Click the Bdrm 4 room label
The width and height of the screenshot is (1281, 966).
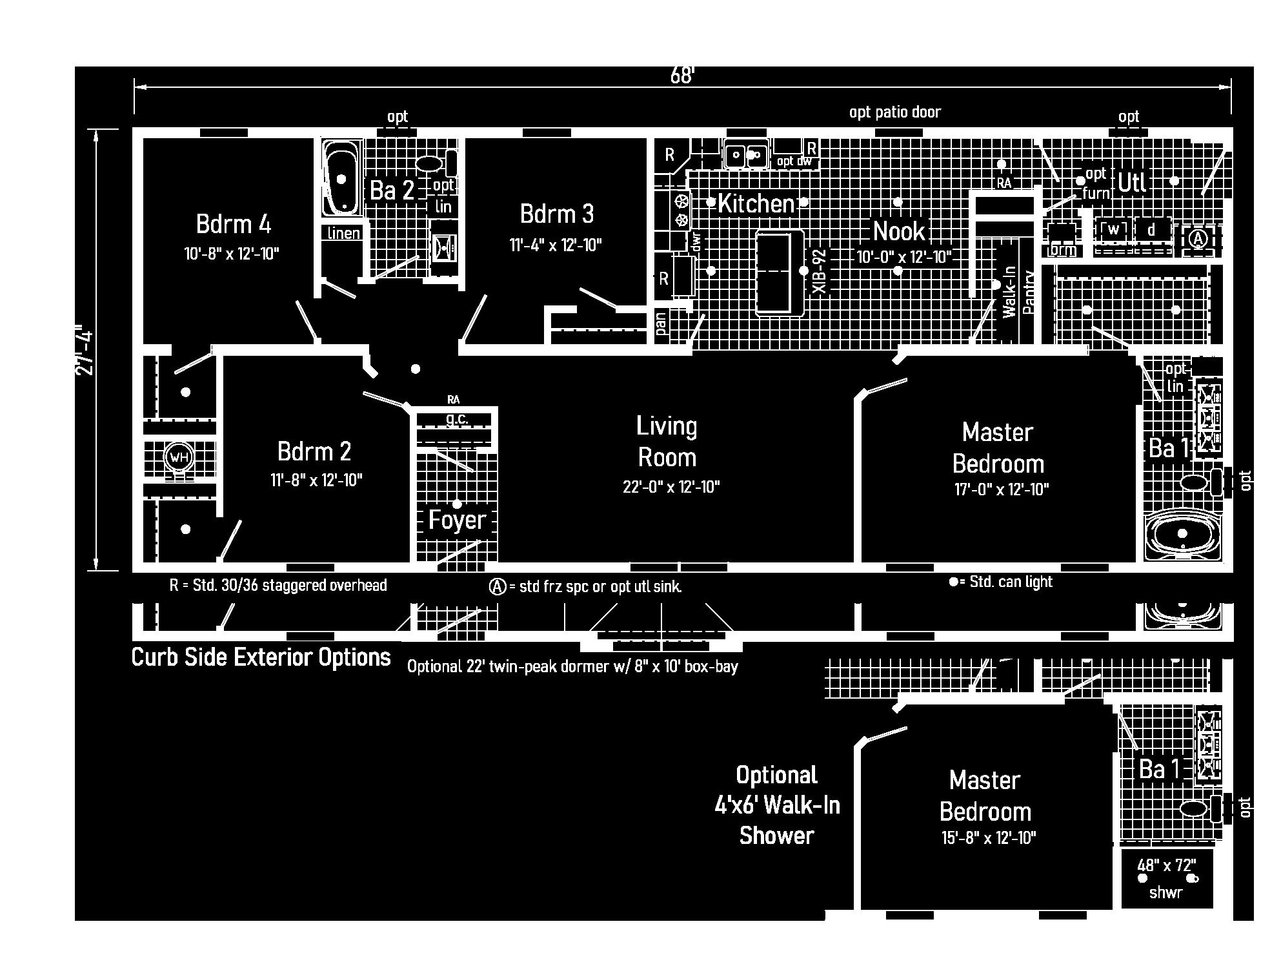click(233, 224)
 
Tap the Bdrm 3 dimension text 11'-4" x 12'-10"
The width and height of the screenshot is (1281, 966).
click(556, 245)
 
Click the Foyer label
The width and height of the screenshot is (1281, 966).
click(457, 520)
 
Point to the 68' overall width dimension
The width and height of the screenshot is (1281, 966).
click(681, 76)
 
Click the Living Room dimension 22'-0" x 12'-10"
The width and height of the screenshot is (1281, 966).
click(671, 487)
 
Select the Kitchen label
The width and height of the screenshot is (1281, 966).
click(756, 204)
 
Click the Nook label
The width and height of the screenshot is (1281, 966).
click(899, 231)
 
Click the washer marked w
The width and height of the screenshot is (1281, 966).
click(1113, 229)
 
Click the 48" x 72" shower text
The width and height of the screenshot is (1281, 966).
click(1166, 865)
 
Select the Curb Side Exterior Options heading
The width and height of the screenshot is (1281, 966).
click(261, 657)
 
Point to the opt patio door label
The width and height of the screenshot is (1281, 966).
click(894, 112)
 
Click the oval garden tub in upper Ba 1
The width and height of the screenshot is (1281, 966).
click(1182, 534)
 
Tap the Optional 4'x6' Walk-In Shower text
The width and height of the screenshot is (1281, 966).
click(776, 805)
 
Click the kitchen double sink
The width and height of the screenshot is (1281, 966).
click(745, 155)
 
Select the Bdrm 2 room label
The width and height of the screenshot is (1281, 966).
click(314, 451)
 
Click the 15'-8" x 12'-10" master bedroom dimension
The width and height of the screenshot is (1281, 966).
click(988, 838)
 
